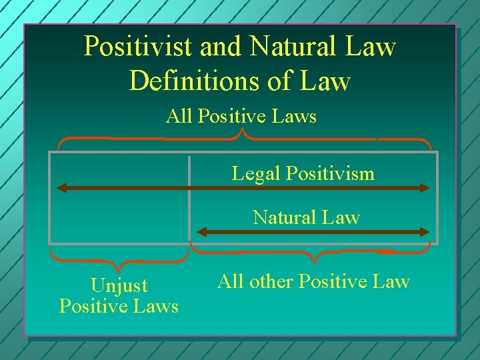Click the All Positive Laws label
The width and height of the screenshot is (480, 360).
click(x=241, y=117)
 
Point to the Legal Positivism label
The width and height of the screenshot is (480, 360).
click(x=303, y=174)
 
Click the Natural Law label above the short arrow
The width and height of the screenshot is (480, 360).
click(x=306, y=217)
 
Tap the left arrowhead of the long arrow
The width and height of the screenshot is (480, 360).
click(x=61, y=188)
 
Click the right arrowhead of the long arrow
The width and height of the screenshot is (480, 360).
click(x=425, y=188)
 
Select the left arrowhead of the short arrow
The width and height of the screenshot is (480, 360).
click(x=201, y=232)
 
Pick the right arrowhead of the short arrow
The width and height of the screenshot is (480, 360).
click(x=425, y=232)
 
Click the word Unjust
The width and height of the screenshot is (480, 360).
click(x=119, y=286)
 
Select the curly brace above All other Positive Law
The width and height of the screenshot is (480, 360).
click(x=311, y=253)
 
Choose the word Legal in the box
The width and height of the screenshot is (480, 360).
click(x=257, y=174)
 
